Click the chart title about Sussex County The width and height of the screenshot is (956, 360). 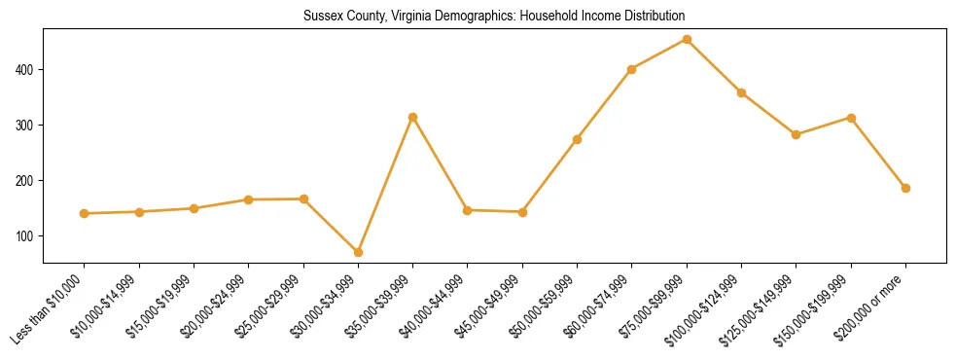(x=494, y=17)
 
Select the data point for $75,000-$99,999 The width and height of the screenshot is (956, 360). (x=687, y=40)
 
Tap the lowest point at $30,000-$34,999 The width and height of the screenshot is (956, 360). (x=358, y=252)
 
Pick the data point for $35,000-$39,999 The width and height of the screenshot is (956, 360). (x=412, y=117)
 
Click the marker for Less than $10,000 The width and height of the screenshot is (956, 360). (x=85, y=213)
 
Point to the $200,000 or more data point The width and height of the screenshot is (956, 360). (x=905, y=188)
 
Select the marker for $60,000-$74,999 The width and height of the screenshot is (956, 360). (x=632, y=69)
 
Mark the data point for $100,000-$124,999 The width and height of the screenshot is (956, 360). (x=741, y=93)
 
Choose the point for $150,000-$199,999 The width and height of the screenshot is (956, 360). (x=851, y=118)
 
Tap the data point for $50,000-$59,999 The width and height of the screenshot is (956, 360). (x=577, y=139)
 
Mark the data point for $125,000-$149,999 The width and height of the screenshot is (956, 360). (x=796, y=134)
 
